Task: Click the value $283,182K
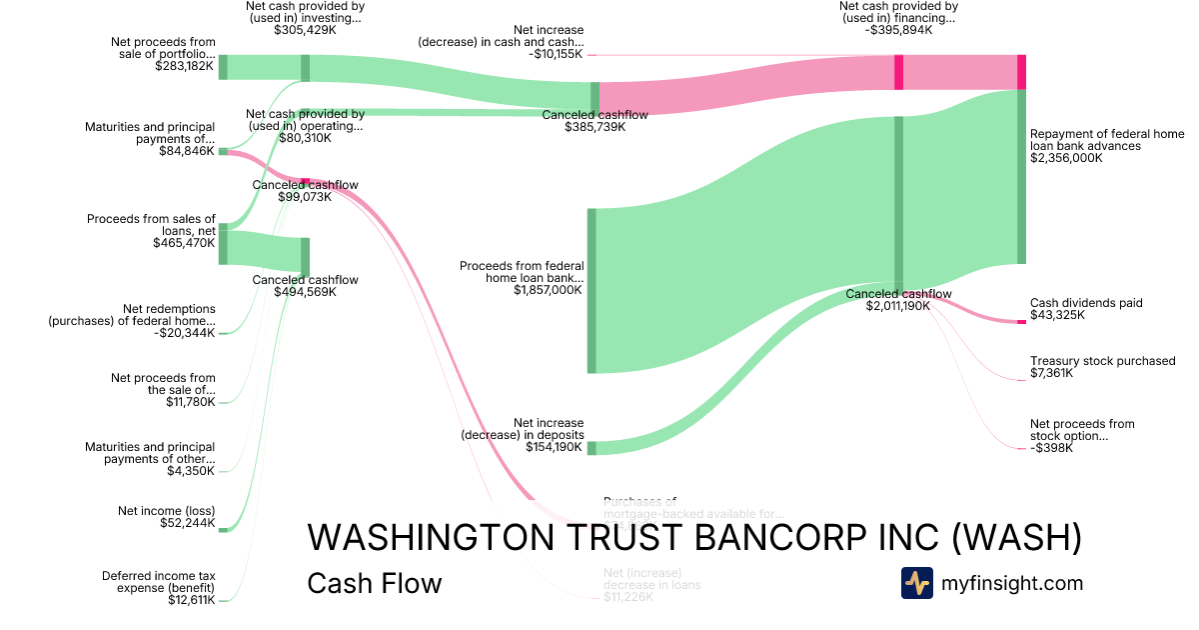[185, 67]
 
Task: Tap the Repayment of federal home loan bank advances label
[1107, 146]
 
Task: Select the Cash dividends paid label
[1086, 303]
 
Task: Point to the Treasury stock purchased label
[1103, 361]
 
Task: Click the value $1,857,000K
[549, 290]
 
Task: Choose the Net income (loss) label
[166, 511]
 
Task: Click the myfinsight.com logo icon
[916, 583]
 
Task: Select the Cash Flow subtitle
[375, 583]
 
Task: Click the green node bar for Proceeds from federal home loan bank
[592, 290]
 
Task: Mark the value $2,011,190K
[898, 306]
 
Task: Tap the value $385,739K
[595, 127]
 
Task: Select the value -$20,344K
[184, 333]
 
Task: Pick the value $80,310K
[305, 138]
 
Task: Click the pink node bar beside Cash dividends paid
[1021, 320]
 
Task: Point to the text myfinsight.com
[1012, 583]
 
